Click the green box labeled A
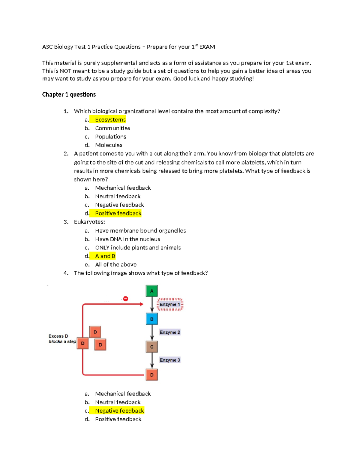pyautogui.click(x=151, y=291)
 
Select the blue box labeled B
pyautogui.click(x=151, y=319)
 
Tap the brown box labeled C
pyautogui.click(x=151, y=347)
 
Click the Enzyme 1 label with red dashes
pyautogui.click(x=170, y=304)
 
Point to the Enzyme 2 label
pyautogui.click(x=170, y=332)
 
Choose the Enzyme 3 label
pyautogui.click(x=170, y=360)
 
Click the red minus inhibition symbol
pyautogui.click(x=126, y=299)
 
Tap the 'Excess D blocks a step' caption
pyautogui.click(x=62, y=339)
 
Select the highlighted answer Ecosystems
pyautogui.click(x=110, y=120)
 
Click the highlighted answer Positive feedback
pyautogui.click(x=118, y=213)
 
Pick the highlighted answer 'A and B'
pyautogui.click(x=105, y=256)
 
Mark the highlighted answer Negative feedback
pyautogui.click(x=119, y=410)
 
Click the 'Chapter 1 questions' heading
pyautogui.click(x=69, y=95)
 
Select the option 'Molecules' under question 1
pyautogui.click(x=109, y=145)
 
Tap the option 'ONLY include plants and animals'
pyautogui.click(x=138, y=248)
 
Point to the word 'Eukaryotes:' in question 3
pyautogui.click(x=89, y=222)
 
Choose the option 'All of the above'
pyautogui.click(x=116, y=264)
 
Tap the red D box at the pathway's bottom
pyautogui.click(x=151, y=375)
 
